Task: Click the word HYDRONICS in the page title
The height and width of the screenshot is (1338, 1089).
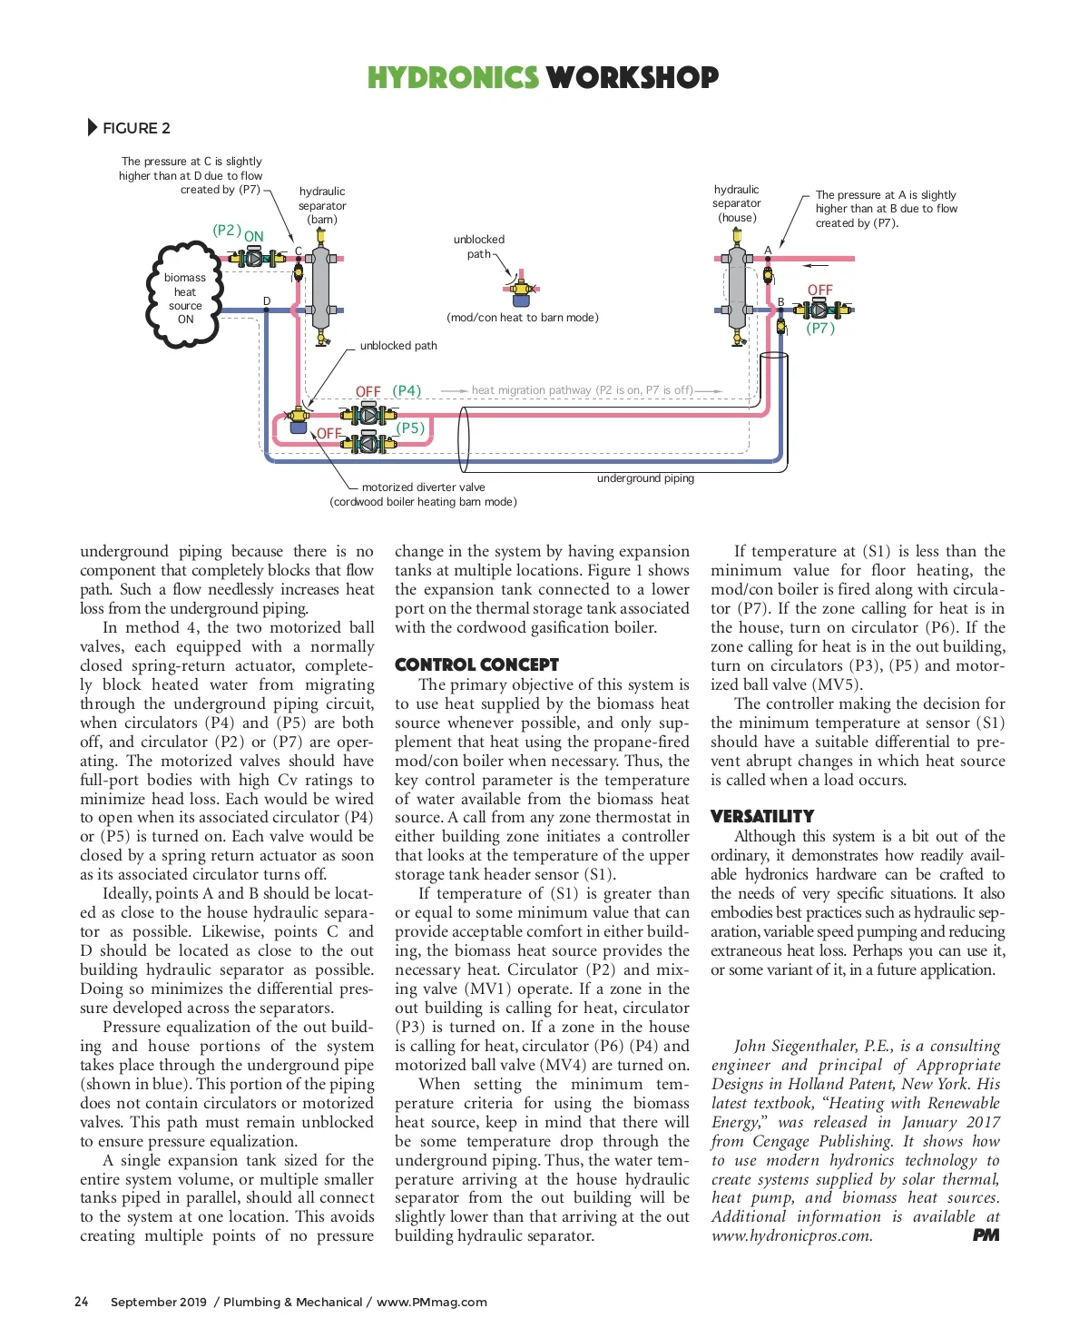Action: click(453, 78)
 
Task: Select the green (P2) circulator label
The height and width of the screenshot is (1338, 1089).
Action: click(226, 231)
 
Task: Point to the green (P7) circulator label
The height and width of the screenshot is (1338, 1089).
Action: click(820, 329)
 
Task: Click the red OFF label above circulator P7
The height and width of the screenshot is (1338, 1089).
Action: click(819, 290)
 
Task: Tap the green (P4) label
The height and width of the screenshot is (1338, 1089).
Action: click(407, 391)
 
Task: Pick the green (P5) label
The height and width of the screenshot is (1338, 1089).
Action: click(410, 428)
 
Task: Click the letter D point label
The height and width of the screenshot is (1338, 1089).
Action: click(267, 301)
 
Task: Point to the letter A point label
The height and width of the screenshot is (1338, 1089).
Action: click(768, 251)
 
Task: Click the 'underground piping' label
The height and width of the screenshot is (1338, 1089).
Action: click(645, 478)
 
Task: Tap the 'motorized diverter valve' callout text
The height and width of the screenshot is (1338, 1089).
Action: click(423, 487)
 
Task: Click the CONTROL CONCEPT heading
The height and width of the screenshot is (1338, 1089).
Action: click(476, 664)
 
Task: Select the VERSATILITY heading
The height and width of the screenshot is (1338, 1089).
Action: click(762, 816)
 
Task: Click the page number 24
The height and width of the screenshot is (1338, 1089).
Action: click(82, 1302)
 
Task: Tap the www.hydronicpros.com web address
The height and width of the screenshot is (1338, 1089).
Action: click(792, 1236)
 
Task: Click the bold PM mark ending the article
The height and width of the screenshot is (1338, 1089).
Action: click(986, 1235)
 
